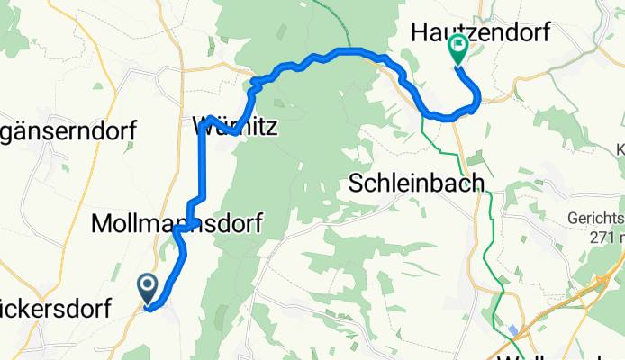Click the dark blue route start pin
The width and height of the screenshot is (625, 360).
(147, 288)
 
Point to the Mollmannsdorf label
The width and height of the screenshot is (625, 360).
(177, 225)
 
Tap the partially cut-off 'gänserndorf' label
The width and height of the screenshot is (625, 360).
(68, 131)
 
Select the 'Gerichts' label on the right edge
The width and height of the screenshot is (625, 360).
(596, 219)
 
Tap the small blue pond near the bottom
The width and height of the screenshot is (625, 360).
(513, 330)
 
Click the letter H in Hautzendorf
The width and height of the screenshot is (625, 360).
(419, 32)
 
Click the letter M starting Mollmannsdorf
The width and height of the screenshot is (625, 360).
(103, 225)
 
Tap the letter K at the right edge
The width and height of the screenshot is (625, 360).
(620, 148)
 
